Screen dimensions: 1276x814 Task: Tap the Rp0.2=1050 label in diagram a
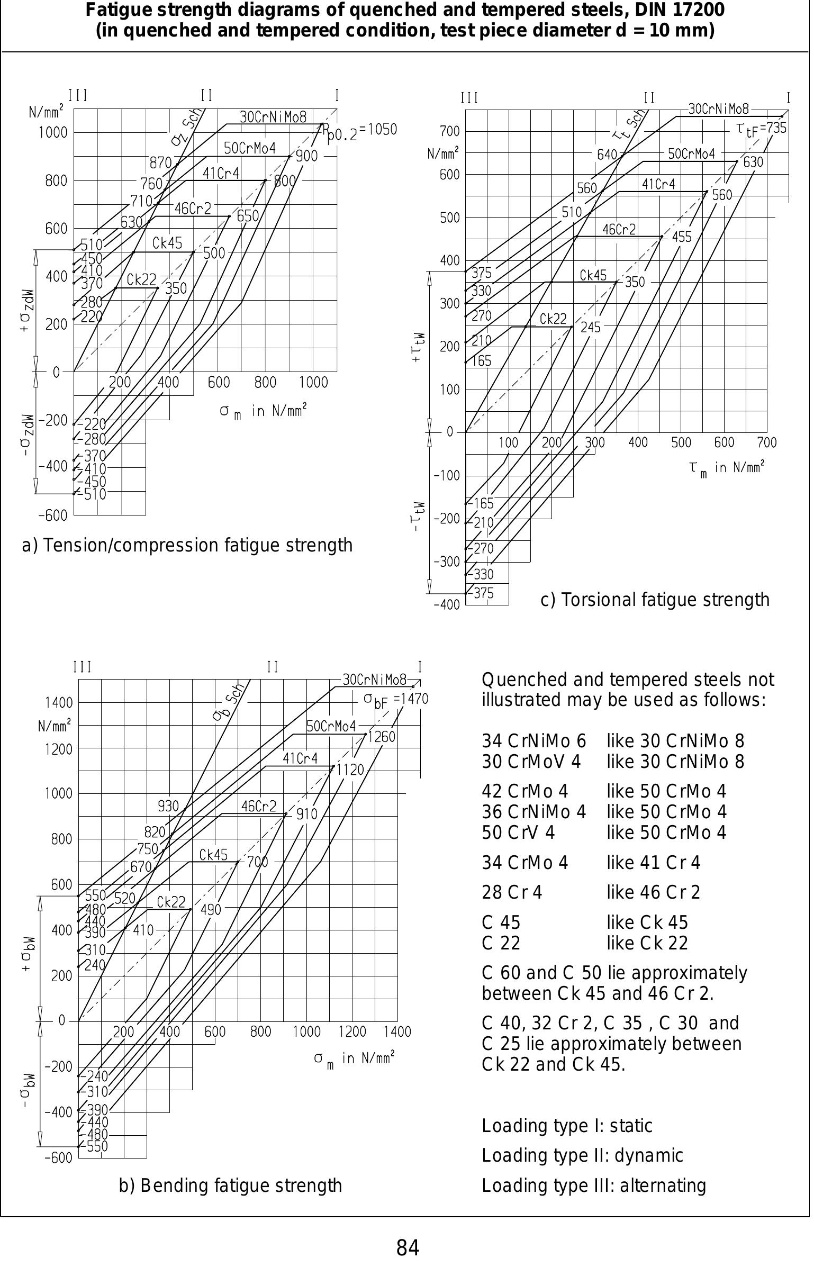[x=359, y=130]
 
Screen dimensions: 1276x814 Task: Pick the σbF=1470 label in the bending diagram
[x=395, y=699]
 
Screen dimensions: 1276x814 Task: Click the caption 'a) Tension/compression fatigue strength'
[x=187, y=545]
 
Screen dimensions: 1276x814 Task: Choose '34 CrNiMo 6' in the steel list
[x=533, y=741]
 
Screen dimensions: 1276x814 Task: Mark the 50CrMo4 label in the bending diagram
[x=331, y=727]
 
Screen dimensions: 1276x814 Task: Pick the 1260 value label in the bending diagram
[x=381, y=737]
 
